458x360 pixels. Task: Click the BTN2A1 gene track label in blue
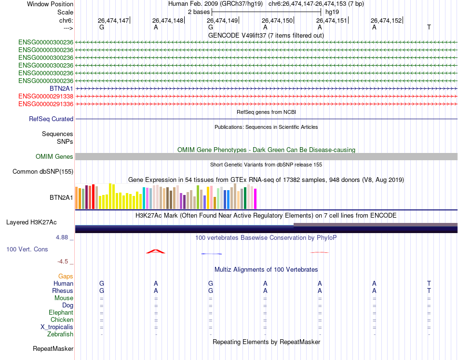[x=61, y=89]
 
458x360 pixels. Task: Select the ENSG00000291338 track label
[x=46, y=97]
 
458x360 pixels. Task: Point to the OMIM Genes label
[x=54, y=157]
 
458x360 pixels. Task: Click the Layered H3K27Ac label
[x=31, y=222]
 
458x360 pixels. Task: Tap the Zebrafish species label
[x=60, y=334]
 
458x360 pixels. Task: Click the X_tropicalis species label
[x=57, y=327]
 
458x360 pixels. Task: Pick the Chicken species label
[x=62, y=320]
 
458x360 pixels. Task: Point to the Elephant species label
[x=61, y=313]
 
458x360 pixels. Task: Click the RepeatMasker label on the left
[x=53, y=348]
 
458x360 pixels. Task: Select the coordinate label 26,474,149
[x=222, y=21]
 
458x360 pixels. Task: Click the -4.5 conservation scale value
[x=63, y=262]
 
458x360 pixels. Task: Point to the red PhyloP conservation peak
[x=156, y=251]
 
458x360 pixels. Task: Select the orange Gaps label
[x=66, y=277]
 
